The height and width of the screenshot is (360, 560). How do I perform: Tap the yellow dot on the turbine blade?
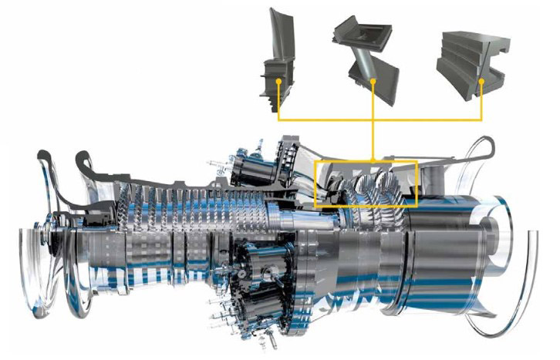[278, 79]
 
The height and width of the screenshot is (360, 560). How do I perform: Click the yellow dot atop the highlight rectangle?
[373, 160]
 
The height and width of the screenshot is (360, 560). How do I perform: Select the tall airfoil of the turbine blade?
[278, 35]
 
